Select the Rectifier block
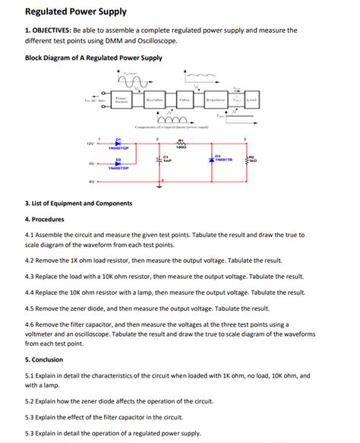tap(155, 100)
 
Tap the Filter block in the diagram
tap(185, 100)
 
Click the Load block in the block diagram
tap(251, 100)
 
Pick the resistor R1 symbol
tap(181, 144)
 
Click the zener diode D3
tap(210, 160)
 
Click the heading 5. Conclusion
tap(44, 359)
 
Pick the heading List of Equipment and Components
tap(79, 204)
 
